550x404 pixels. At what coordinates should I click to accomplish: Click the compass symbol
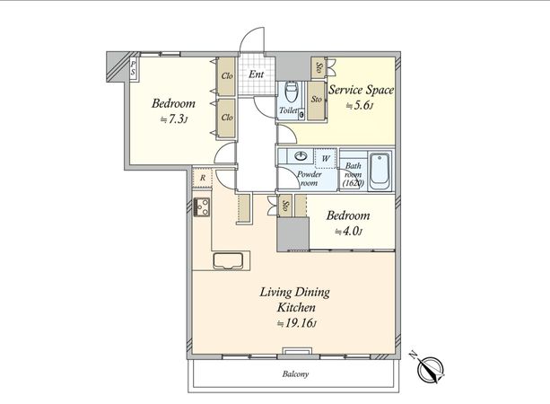click(x=430, y=370)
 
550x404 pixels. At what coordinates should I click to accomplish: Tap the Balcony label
click(x=295, y=374)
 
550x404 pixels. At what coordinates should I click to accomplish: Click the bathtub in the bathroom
click(x=380, y=171)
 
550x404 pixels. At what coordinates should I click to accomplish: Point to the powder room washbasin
click(x=301, y=156)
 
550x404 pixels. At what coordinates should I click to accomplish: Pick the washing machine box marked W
click(x=326, y=158)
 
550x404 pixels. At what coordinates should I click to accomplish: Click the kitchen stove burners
click(x=202, y=206)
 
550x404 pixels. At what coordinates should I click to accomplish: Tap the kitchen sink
click(x=228, y=260)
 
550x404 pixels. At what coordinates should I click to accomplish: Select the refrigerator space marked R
click(x=203, y=178)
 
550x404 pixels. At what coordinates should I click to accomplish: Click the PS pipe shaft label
click(x=133, y=68)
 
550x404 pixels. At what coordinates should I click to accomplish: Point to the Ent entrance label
click(x=257, y=75)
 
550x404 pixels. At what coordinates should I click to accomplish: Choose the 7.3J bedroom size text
click(x=174, y=119)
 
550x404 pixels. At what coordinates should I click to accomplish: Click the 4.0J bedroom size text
click(x=348, y=232)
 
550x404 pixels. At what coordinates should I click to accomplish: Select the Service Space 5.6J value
click(x=359, y=106)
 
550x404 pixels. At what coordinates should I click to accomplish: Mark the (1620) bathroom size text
click(x=353, y=183)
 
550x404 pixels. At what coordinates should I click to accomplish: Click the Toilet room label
click(x=288, y=110)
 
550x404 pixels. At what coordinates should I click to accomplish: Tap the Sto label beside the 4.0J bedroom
click(x=285, y=206)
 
